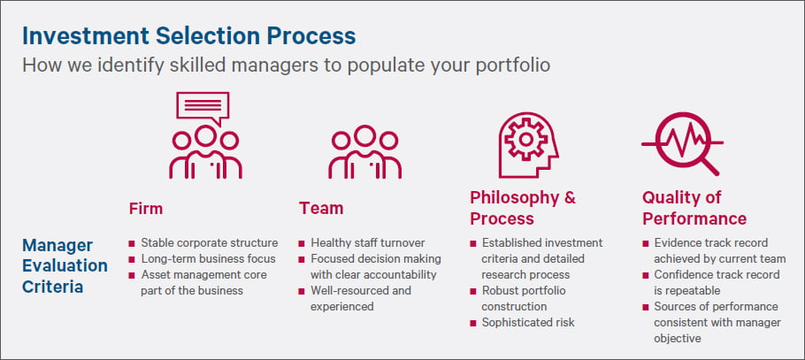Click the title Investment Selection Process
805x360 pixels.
[x=189, y=36]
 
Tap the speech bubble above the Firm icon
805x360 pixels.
[x=203, y=107]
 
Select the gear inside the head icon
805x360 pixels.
[x=525, y=139]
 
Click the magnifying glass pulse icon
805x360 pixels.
[x=682, y=143]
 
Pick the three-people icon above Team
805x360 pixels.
[x=365, y=152]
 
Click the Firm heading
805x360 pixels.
[x=146, y=209]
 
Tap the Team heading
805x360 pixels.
[x=321, y=209]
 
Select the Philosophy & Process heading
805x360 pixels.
[x=523, y=208]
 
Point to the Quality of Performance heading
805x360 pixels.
[x=694, y=208]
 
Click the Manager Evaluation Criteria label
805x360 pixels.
[x=65, y=265]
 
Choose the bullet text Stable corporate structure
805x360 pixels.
[x=210, y=243]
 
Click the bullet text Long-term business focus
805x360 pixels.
[x=209, y=259]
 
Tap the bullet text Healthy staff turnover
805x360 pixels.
[x=368, y=243]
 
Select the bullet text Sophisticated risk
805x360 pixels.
[x=528, y=323]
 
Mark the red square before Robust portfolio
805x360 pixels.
[x=473, y=291]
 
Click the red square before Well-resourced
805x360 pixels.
[x=302, y=291]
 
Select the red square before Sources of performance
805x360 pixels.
[x=646, y=307]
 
